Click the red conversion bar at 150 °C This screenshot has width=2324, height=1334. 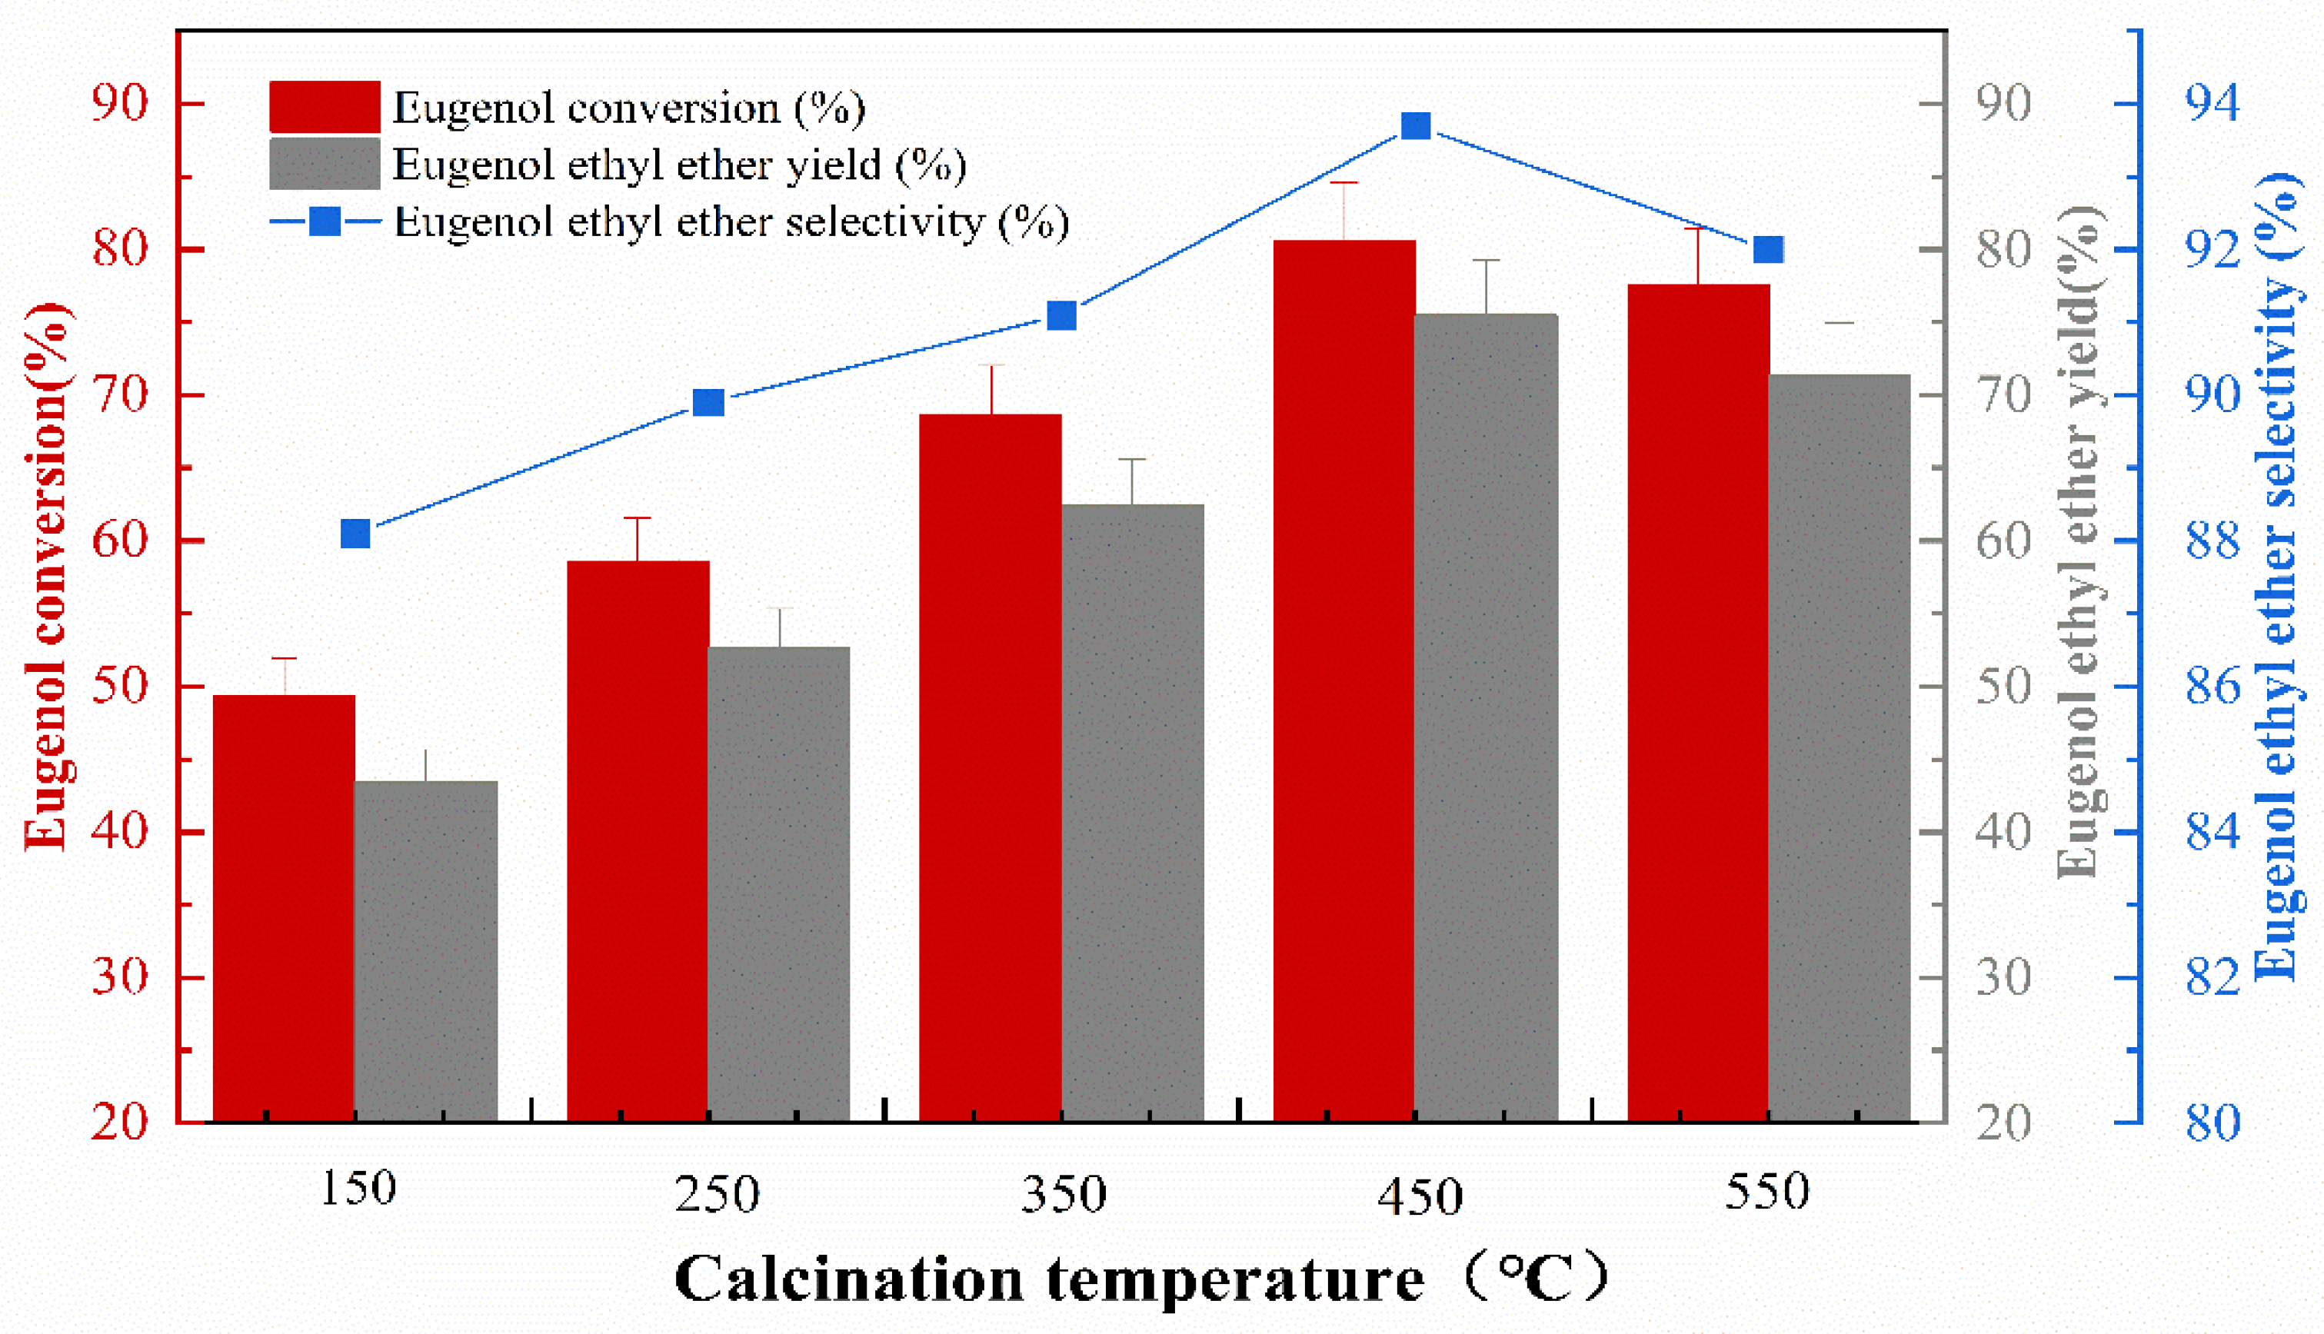click(x=284, y=907)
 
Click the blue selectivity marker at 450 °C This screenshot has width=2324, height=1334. click(x=1416, y=126)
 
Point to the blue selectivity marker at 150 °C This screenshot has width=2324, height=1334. click(x=355, y=534)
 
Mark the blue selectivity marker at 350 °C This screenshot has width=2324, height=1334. click(x=1062, y=316)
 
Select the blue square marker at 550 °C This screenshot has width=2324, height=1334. click(x=1768, y=249)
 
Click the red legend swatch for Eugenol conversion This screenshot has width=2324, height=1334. click(x=325, y=106)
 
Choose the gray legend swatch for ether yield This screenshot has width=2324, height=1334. click(x=325, y=164)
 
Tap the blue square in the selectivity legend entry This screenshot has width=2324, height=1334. click(x=325, y=221)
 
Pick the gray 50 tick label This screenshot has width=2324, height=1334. click(x=2003, y=687)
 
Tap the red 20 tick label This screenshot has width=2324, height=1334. click(x=120, y=1123)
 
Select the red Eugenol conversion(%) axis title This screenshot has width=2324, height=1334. click(x=46, y=577)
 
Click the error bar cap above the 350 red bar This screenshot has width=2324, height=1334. click(x=991, y=365)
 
